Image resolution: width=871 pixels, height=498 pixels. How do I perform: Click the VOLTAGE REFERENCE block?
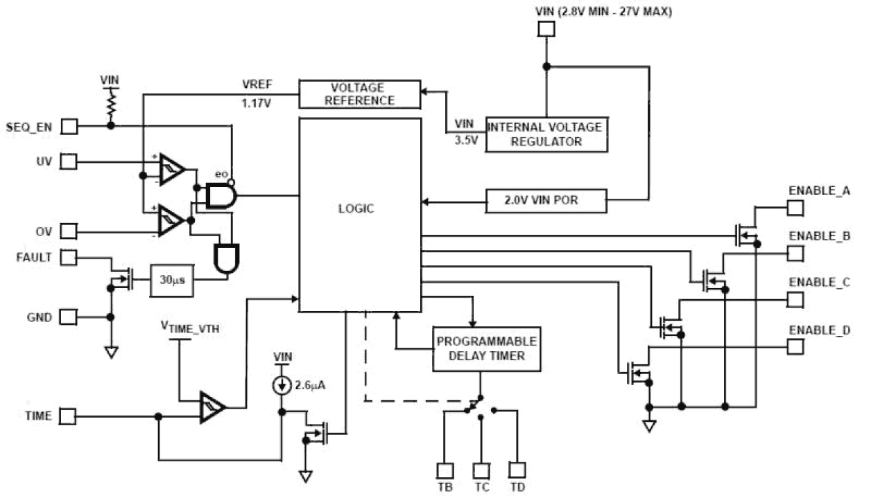[360, 94]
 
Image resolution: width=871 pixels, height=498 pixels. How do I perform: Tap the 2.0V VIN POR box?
[546, 202]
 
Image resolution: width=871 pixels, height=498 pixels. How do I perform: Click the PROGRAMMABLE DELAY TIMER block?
[485, 348]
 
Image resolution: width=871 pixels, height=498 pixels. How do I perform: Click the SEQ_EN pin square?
[69, 126]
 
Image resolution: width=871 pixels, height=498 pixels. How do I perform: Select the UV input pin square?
[69, 162]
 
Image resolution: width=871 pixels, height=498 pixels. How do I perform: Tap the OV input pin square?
[69, 231]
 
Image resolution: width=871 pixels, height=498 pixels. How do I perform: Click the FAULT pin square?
[69, 257]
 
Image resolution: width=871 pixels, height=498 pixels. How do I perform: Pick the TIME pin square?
[69, 416]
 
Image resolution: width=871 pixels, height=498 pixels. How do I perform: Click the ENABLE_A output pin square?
[795, 207]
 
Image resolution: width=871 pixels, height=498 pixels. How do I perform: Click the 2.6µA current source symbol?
[282, 386]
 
